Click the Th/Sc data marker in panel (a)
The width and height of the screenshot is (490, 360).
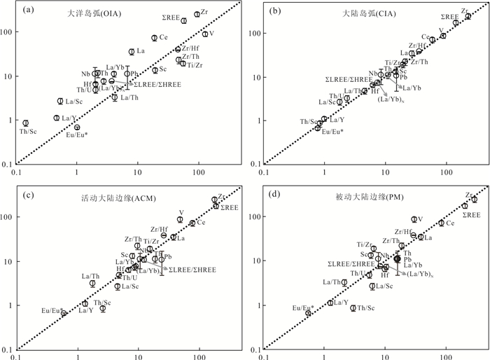26,123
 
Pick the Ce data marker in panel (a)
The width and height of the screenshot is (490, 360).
155,38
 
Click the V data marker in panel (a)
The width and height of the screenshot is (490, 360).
205,34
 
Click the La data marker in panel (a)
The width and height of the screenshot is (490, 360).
132,52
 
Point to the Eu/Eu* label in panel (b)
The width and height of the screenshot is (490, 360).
332,132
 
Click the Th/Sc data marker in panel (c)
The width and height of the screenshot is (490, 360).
102,308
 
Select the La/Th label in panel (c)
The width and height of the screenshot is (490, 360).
91,276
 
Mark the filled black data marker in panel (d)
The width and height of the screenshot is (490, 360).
398,258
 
